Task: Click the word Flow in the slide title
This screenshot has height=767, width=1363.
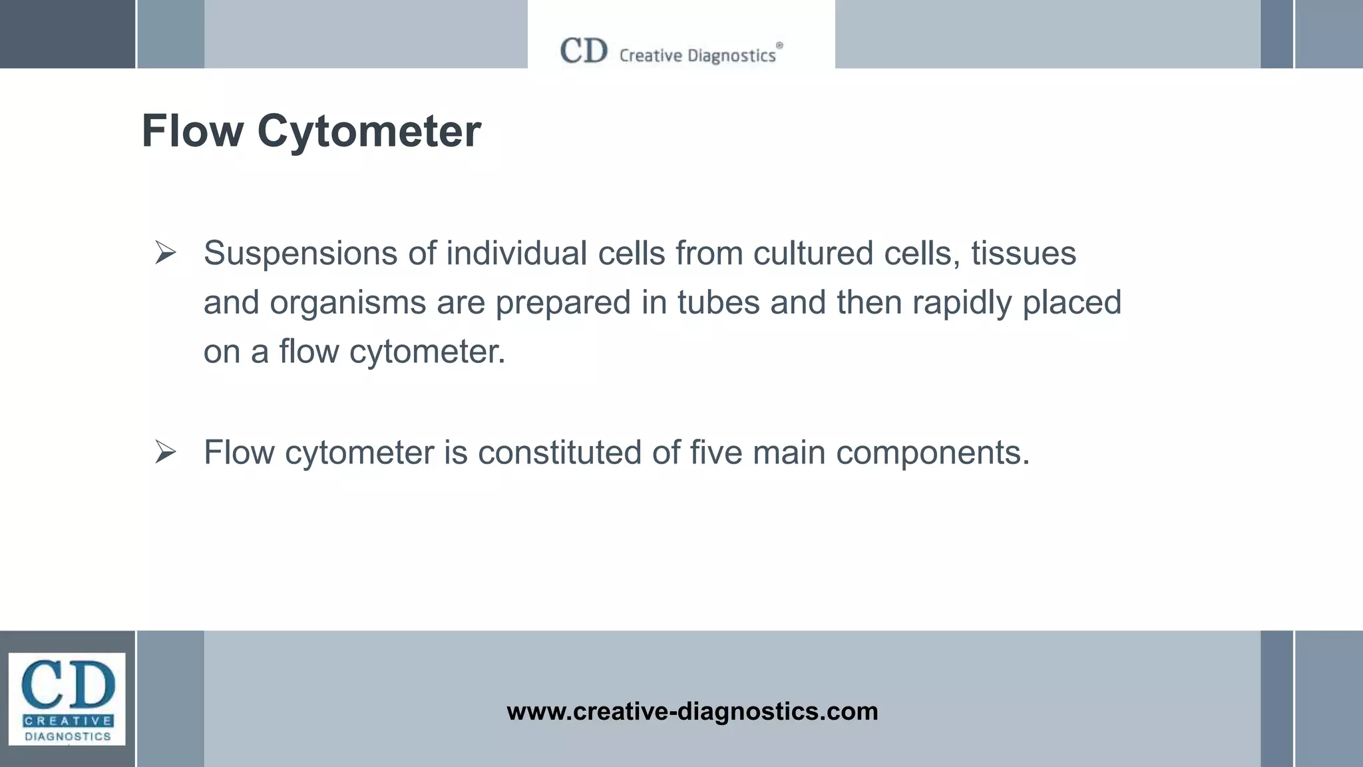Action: (192, 131)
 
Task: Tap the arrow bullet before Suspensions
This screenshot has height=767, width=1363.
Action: (165, 253)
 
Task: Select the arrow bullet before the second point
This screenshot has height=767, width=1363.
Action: (165, 452)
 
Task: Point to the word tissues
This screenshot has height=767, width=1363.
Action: (1023, 254)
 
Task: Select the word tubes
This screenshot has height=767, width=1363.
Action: (718, 303)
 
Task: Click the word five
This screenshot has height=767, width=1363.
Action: (715, 453)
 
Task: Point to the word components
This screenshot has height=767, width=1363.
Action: (932, 453)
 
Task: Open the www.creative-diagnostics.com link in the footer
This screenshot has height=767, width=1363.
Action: (692, 712)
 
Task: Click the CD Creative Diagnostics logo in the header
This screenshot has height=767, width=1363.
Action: (670, 52)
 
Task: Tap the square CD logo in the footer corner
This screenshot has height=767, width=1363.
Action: (67, 698)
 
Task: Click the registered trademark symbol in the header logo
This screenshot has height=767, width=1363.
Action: (779, 45)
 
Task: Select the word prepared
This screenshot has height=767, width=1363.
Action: (562, 303)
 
